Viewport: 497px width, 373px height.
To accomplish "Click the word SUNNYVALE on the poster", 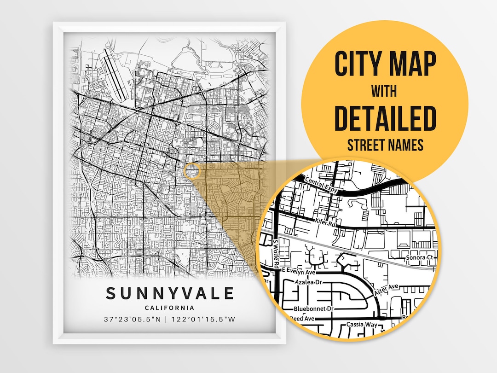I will coord(170,294).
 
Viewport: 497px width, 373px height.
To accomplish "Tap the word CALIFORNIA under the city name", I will coord(169,308).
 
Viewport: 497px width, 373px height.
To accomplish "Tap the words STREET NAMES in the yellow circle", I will coord(385,145).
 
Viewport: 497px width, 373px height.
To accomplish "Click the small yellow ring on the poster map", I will coord(192,171).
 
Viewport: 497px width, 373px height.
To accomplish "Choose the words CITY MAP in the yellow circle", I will coord(385,64).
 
